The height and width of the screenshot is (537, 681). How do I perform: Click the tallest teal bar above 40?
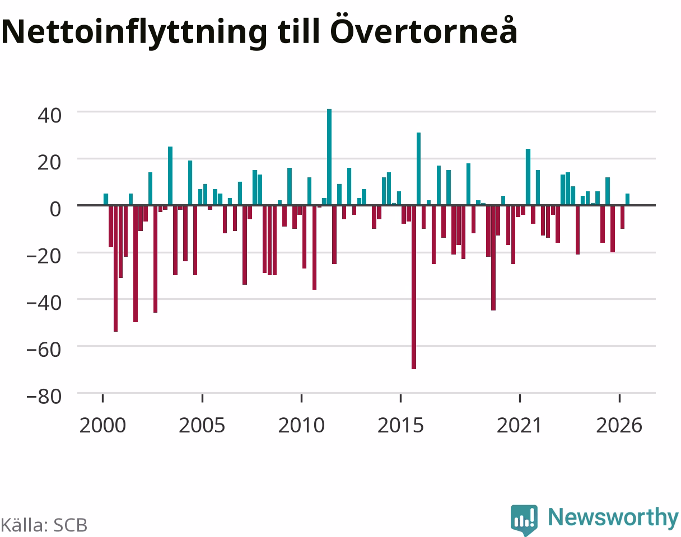coord(329,157)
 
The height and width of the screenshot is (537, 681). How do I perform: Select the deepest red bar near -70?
coord(414,287)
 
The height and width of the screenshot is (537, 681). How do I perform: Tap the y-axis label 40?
coord(49,116)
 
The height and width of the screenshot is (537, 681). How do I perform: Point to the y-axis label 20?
coord(49,163)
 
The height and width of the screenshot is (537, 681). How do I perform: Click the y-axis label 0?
coord(55,209)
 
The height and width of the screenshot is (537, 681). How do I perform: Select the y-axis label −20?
coord(44,256)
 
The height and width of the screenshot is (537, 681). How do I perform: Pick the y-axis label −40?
coord(44,303)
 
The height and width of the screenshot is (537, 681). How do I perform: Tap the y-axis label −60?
coord(44,350)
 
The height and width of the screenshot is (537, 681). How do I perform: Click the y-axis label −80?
coord(44,397)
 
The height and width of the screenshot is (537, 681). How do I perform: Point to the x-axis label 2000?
coord(102,426)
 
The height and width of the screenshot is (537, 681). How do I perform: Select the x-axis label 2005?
coord(202,426)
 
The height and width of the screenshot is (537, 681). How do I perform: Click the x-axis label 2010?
coord(301,426)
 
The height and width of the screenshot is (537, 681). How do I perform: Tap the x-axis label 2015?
coord(400,426)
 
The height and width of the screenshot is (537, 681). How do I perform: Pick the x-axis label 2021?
coord(520,426)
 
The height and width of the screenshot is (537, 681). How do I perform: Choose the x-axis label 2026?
coord(619,426)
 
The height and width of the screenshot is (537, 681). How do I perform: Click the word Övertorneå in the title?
coord(424,29)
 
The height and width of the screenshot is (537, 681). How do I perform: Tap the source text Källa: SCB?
coord(44,525)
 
